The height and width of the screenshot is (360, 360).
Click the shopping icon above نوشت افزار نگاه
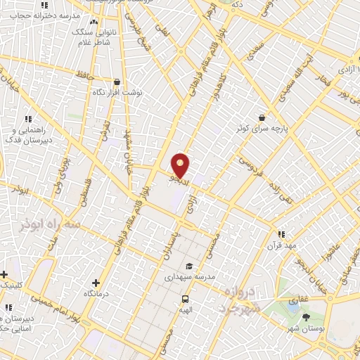point(117,82)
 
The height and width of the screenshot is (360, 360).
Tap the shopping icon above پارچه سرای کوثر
point(262,117)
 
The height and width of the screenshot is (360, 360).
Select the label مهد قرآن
point(281,245)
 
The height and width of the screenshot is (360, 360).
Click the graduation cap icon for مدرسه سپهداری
point(188,266)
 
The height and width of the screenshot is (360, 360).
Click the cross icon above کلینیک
point(4,274)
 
